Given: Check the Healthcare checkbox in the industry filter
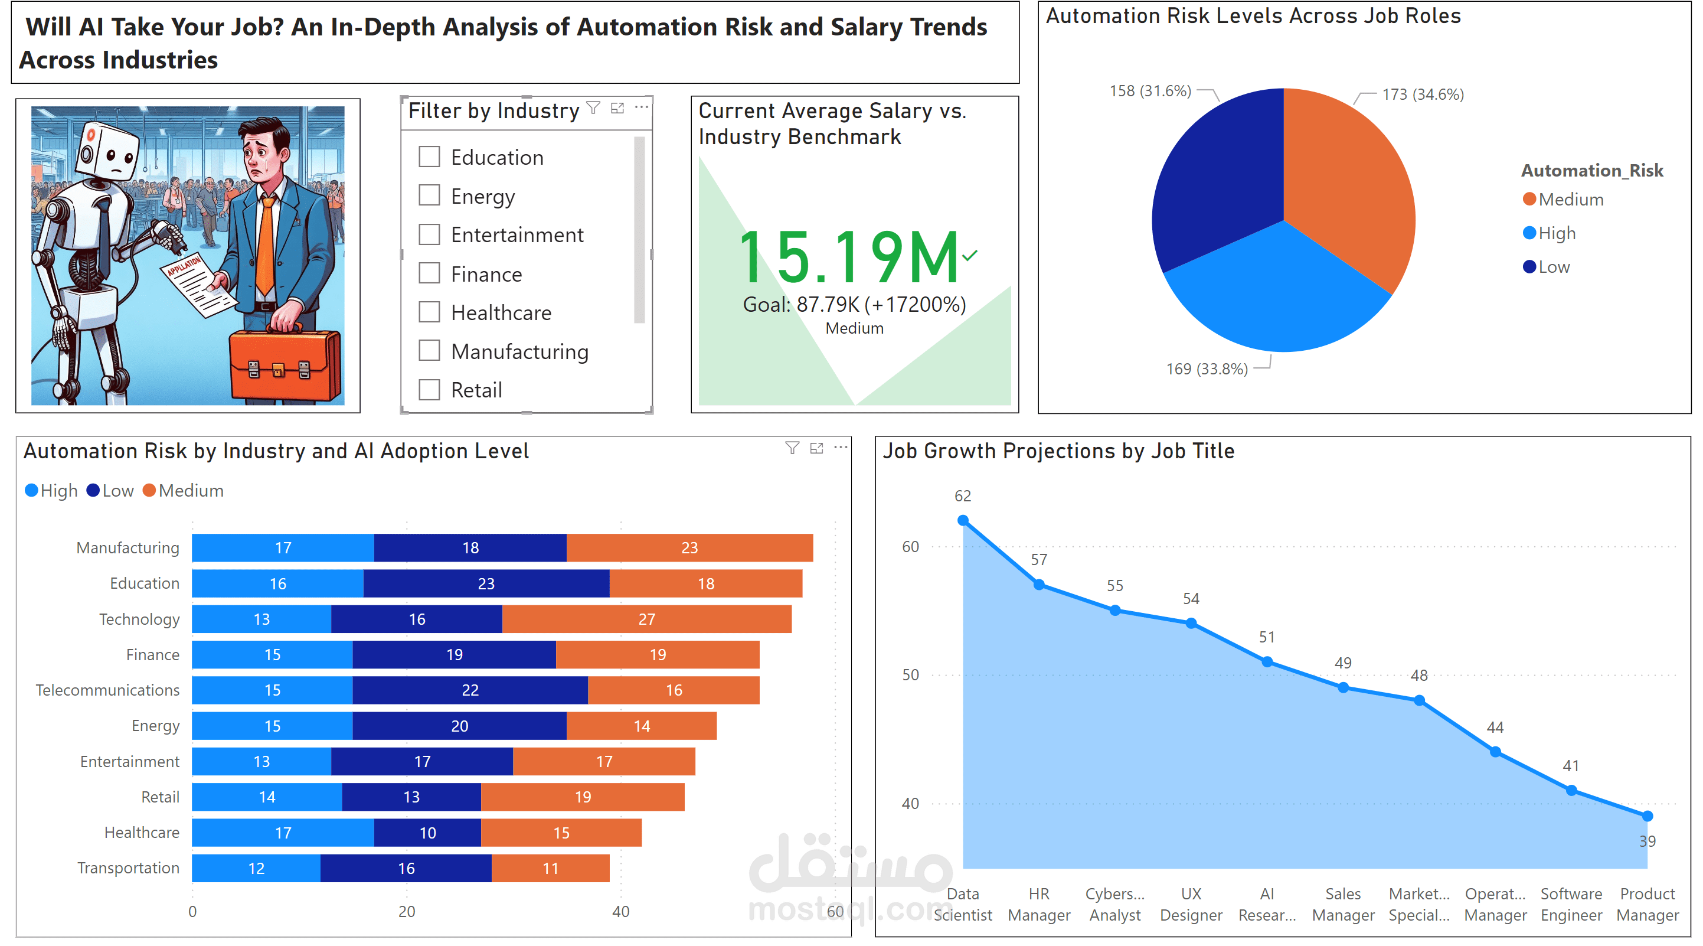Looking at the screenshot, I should (x=429, y=312).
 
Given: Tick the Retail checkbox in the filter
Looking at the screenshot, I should (x=429, y=390).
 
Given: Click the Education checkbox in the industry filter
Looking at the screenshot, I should (x=429, y=157).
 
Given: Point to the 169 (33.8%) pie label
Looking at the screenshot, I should (x=1206, y=368).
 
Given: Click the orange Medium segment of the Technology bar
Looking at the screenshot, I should (x=646, y=619).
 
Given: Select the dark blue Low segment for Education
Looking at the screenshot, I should (x=486, y=583).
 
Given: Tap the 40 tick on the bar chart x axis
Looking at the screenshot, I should (x=620, y=911).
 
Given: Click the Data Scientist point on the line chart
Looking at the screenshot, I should (x=963, y=521).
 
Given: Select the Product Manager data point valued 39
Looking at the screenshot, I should (x=1647, y=815).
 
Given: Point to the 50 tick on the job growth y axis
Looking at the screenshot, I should (x=910, y=675).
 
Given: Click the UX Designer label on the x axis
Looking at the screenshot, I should (x=1191, y=903).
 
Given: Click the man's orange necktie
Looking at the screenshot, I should (x=265, y=245).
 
